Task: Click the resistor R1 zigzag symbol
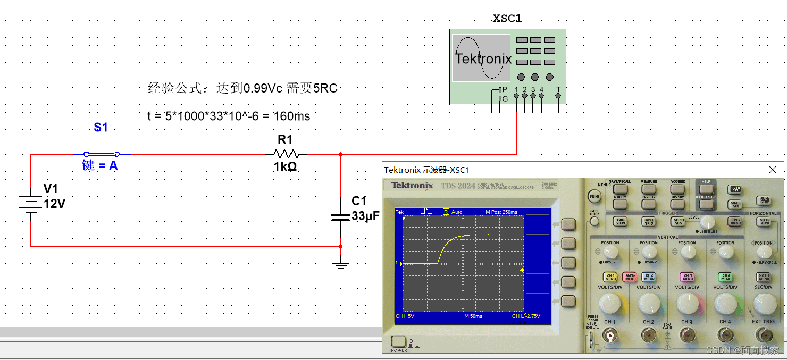pos(286,154)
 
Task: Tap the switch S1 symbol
pos(101,154)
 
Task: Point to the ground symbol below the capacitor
pos(340,265)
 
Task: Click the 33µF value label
pos(365,216)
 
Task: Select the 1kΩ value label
pos(285,166)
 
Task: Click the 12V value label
pos(54,203)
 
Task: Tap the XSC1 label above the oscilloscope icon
pos(507,19)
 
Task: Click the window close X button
pos(773,170)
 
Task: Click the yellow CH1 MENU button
pos(610,277)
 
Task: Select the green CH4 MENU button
pos(725,277)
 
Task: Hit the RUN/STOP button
pos(764,200)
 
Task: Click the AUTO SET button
pos(735,189)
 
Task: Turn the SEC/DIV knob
pos(764,304)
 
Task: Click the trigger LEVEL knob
pos(707,222)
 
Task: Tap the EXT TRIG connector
pos(764,334)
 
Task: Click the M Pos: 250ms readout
pos(501,212)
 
